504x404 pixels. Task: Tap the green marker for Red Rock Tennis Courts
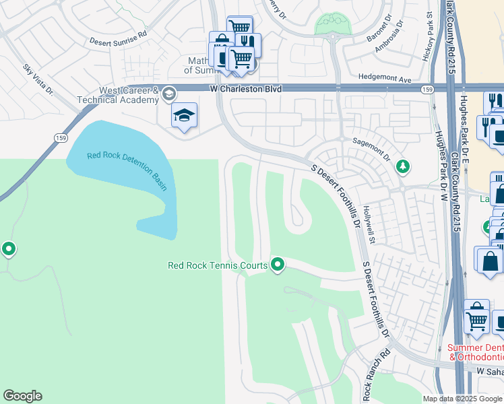277,265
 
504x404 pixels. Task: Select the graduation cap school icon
184,116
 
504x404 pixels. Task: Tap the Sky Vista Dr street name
38,80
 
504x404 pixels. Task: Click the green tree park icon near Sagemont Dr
403,166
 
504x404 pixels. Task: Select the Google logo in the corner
23,396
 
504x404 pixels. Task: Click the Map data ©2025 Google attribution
462,399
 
